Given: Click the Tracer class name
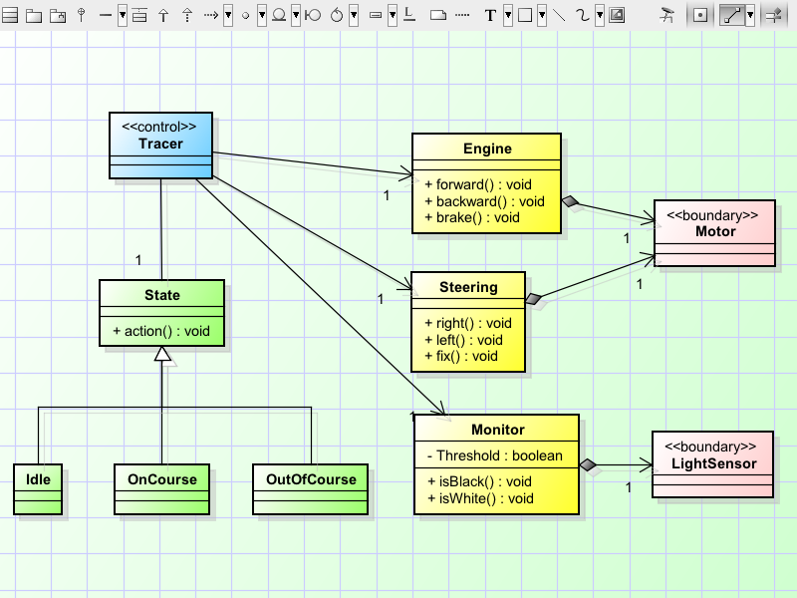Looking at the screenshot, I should (x=160, y=144).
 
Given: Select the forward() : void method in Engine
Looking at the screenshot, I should (x=478, y=184).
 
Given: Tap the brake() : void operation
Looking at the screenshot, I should (x=472, y=216).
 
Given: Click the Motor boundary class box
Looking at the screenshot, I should (x=714, y=232).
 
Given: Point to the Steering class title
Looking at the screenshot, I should (x=468, y=287).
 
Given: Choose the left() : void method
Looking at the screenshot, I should (x=463, y=339).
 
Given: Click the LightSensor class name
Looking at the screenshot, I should (x=713, y=463).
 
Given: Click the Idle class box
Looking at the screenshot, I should (x=39, y=488).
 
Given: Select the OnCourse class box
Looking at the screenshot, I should (x=161, y=488).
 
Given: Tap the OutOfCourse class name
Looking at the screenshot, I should (x=311, y=479).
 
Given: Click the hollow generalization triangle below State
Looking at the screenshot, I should (x=161, y=355).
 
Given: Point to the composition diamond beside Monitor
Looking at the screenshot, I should (x=589, y=464).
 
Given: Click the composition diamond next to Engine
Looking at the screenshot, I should (x=570, y=202).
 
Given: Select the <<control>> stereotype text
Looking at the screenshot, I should (x=159, y=128).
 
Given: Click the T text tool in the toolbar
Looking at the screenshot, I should (x=490, y=15).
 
